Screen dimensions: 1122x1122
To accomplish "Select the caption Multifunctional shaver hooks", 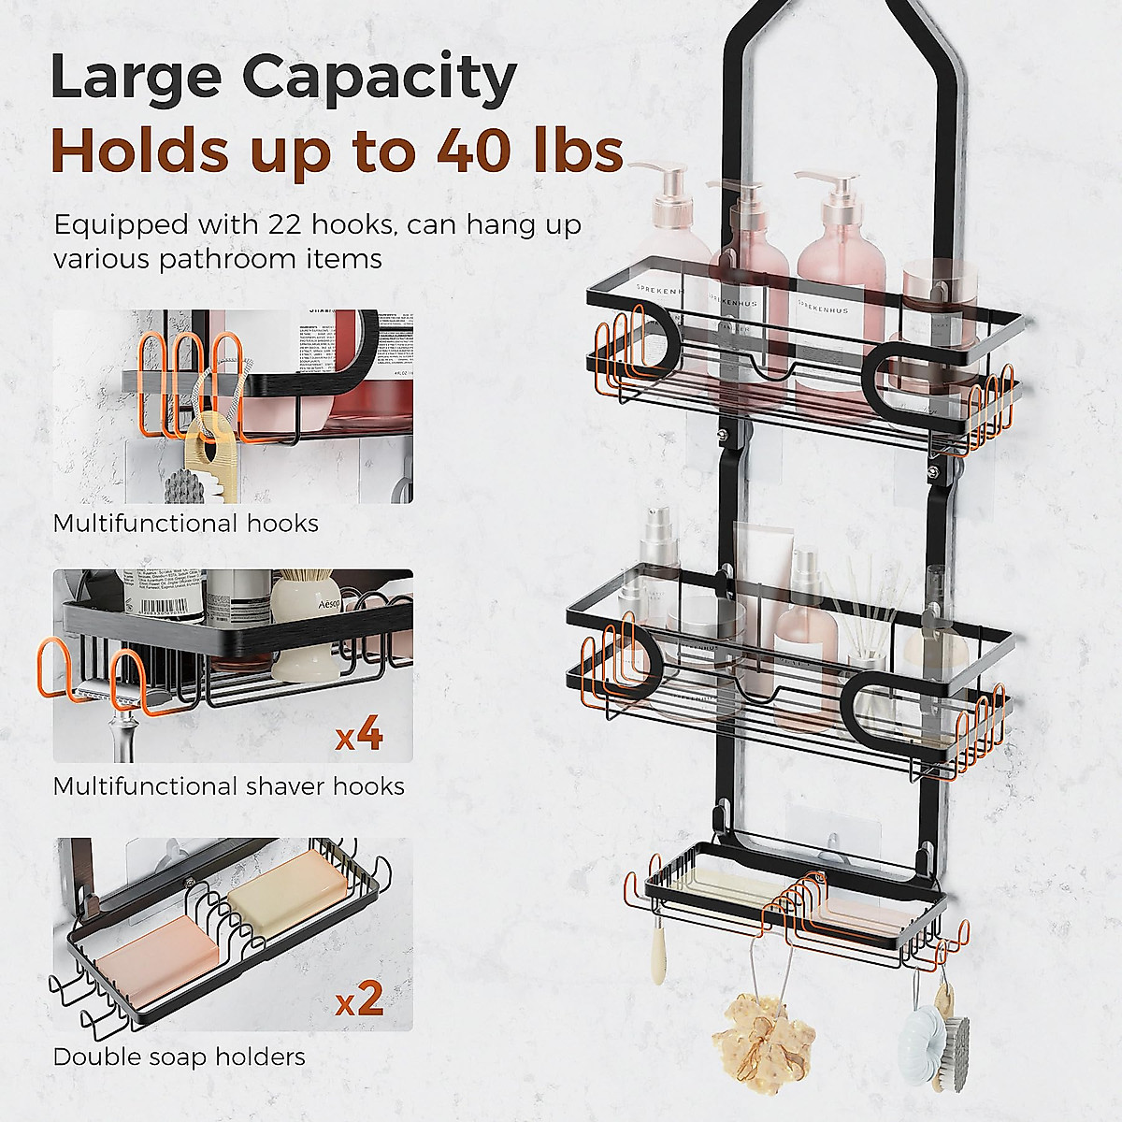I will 228,786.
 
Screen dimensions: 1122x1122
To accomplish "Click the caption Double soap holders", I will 179,1057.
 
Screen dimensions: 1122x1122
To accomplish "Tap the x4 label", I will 359,735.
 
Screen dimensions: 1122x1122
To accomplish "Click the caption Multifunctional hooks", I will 185,523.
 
